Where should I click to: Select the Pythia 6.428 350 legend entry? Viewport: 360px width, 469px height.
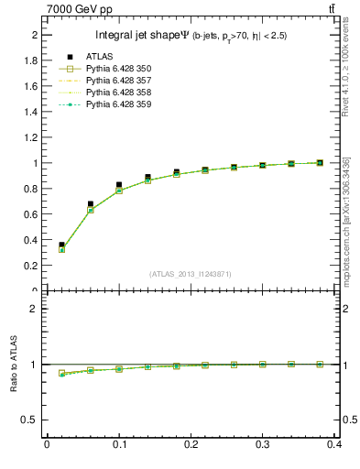119,69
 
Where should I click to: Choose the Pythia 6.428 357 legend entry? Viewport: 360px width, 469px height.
119,81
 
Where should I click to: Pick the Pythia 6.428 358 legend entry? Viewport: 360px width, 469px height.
119,93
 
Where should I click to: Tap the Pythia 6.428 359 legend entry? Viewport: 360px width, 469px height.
119,104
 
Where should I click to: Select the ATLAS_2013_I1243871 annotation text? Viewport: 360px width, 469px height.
191,274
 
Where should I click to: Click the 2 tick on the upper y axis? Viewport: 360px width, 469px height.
35,34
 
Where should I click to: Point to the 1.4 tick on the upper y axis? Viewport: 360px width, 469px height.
32,112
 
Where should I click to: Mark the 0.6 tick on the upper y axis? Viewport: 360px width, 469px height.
32,214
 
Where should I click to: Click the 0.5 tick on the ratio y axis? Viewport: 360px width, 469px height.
32,420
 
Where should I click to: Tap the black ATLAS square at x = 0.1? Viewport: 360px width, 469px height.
119,185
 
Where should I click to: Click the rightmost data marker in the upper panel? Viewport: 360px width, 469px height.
320,163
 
